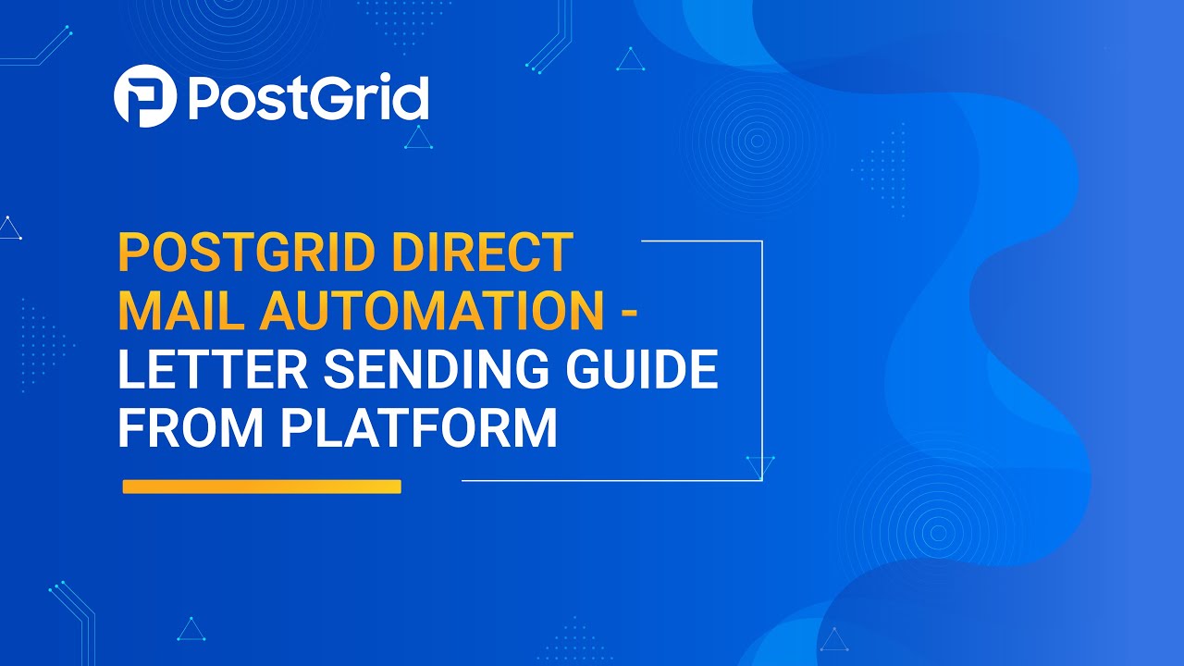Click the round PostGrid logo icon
[x=145, y=96]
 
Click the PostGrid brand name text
[x=308, y=97]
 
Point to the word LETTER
[x=210, y=370]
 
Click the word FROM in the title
[x=191, y=428]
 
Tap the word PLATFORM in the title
[x=419, y=428]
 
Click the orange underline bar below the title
[x=262, y=487]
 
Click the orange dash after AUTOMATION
[x=628, y=313]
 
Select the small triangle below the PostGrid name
[x=419, y=139]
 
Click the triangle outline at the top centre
[x=631, y=61]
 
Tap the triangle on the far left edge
[x=9, y=229]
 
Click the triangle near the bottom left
[x=191, y=630]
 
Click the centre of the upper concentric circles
[x=757, y=142]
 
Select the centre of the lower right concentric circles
[x=938, y=533]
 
